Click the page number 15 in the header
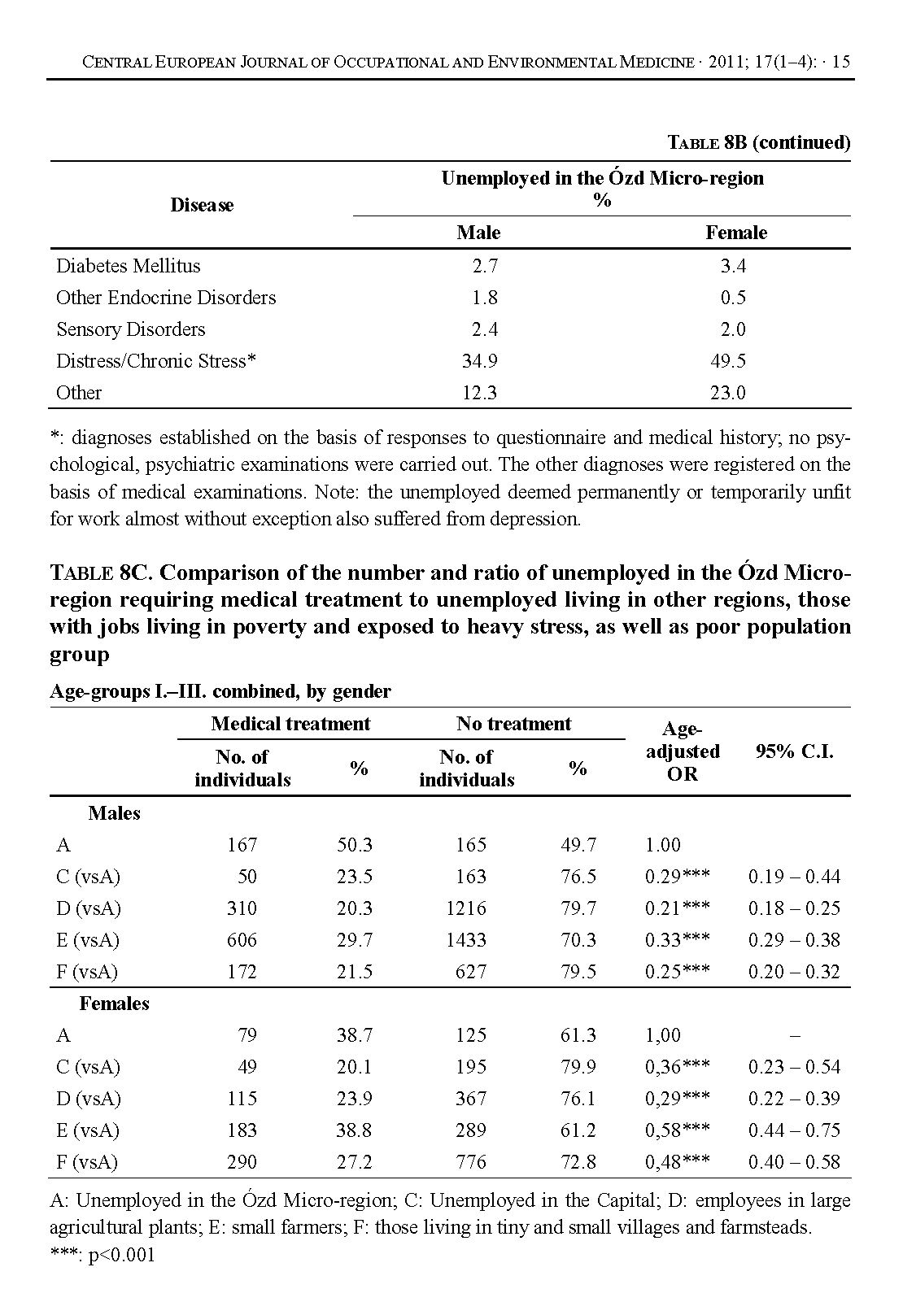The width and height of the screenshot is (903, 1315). point(842,62)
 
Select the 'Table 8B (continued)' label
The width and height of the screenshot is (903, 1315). point(758,143)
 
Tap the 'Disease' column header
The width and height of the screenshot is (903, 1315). point(202,205)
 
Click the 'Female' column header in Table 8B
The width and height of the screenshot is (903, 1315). point(736,233)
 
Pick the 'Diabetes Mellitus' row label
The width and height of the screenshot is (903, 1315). point(128,266)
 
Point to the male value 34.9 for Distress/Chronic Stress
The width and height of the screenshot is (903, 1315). point(479,361)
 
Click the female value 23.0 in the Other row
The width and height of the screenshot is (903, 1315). point(728,393)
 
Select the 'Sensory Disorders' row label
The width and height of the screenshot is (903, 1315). point(130,329)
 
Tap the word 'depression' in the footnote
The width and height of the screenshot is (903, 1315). point(537,519)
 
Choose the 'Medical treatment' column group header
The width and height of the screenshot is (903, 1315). point(290,724)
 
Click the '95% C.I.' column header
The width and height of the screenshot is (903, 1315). point(793,751)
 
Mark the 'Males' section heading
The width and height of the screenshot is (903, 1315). point(114,813)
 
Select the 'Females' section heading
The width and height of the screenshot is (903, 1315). point(114,1004)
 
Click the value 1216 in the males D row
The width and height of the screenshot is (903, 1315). point(466,908)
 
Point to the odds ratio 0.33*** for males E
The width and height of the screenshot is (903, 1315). point(677,940)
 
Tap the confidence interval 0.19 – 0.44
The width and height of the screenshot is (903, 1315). point(794,877)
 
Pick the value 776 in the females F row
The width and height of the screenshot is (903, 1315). point(471,1162)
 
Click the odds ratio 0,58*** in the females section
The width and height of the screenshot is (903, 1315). point(677,1130)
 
